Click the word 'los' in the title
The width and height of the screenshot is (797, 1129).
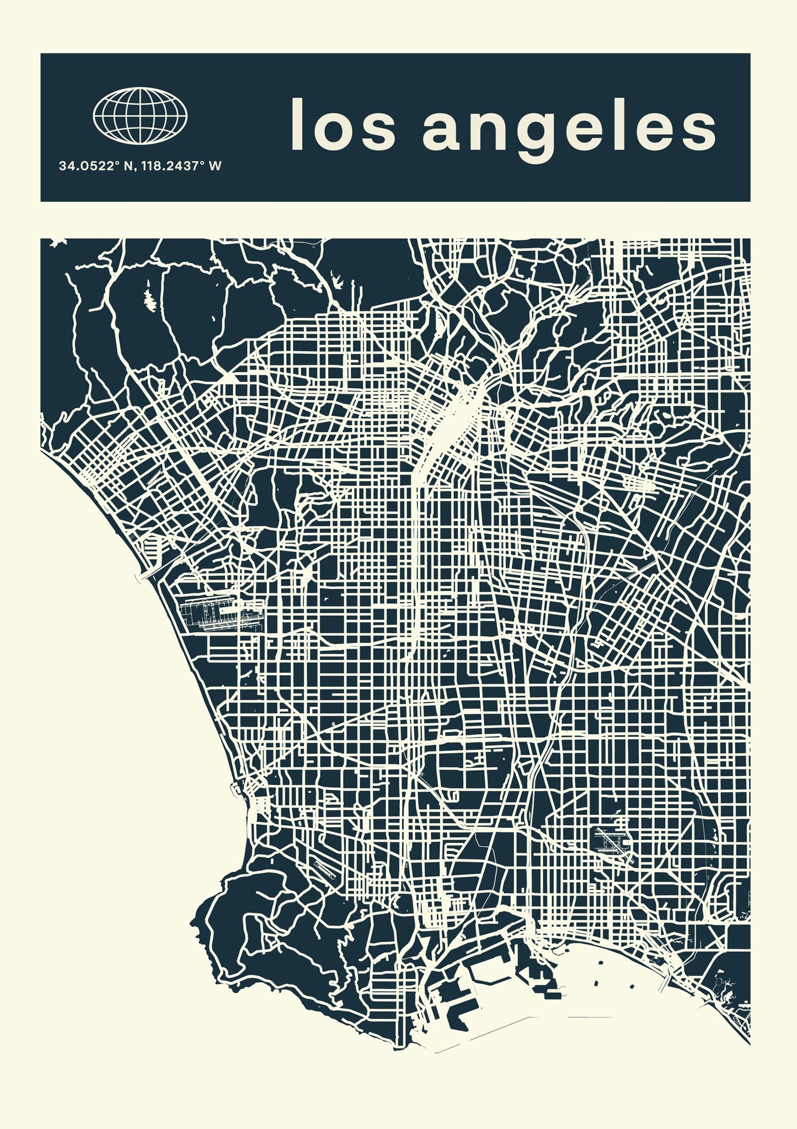pyautogui.click(x=343, y=125)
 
